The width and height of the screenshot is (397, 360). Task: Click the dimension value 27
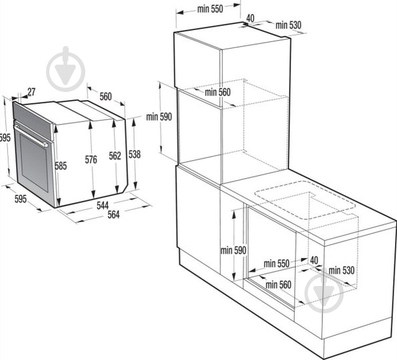click(x=31, y=92)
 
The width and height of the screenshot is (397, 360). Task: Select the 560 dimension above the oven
click(x=106, y=97)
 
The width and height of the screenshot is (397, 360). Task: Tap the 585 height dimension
click(x=61, y=166)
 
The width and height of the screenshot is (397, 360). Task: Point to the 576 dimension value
click(x=91, y=159)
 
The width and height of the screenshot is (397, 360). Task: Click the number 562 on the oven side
click(x=115, y=156)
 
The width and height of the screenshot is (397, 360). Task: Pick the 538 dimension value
click(x=135, y=154)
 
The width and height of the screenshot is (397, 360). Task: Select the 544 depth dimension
click(x=103, y=205)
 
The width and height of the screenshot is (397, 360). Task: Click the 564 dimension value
click(x=113, y=215)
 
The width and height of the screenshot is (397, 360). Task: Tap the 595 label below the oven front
click(x=21, y=199)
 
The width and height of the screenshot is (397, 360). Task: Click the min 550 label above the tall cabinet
click(x=210, y=9)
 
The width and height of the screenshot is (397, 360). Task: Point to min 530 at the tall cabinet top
click(x=288, y=25)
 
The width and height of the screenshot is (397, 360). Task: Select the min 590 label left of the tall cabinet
click(x=159, y=117)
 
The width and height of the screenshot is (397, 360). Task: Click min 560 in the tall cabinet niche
click(x=218, y=92)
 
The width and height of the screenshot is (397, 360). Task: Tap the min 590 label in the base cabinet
click(x=233, y=250)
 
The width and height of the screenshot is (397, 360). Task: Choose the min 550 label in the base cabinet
click(x=276, y=263)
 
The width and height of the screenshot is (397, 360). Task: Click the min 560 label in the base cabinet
click(x=278, y=285)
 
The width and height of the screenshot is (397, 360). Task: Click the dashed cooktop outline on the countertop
click(x=306, y=200)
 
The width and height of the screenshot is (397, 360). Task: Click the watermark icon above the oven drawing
click(x=66, y=69)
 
